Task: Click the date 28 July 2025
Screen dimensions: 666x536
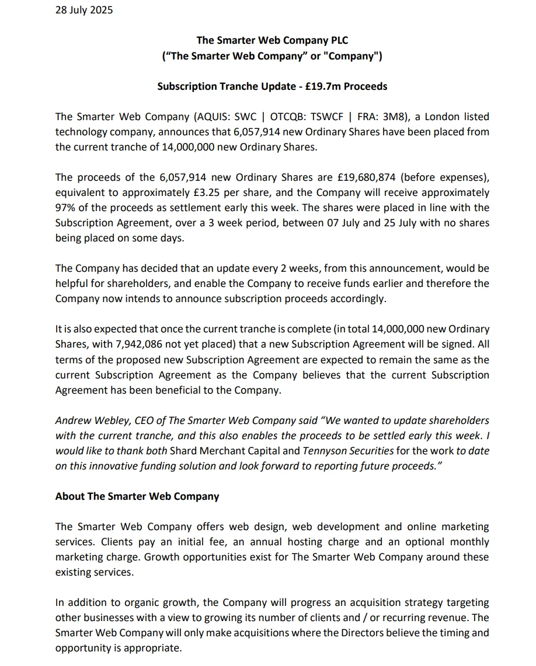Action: pyautogui.click(x=84, y=10)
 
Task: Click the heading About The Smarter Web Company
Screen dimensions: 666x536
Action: pyautogui.click(x=137, y=496)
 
